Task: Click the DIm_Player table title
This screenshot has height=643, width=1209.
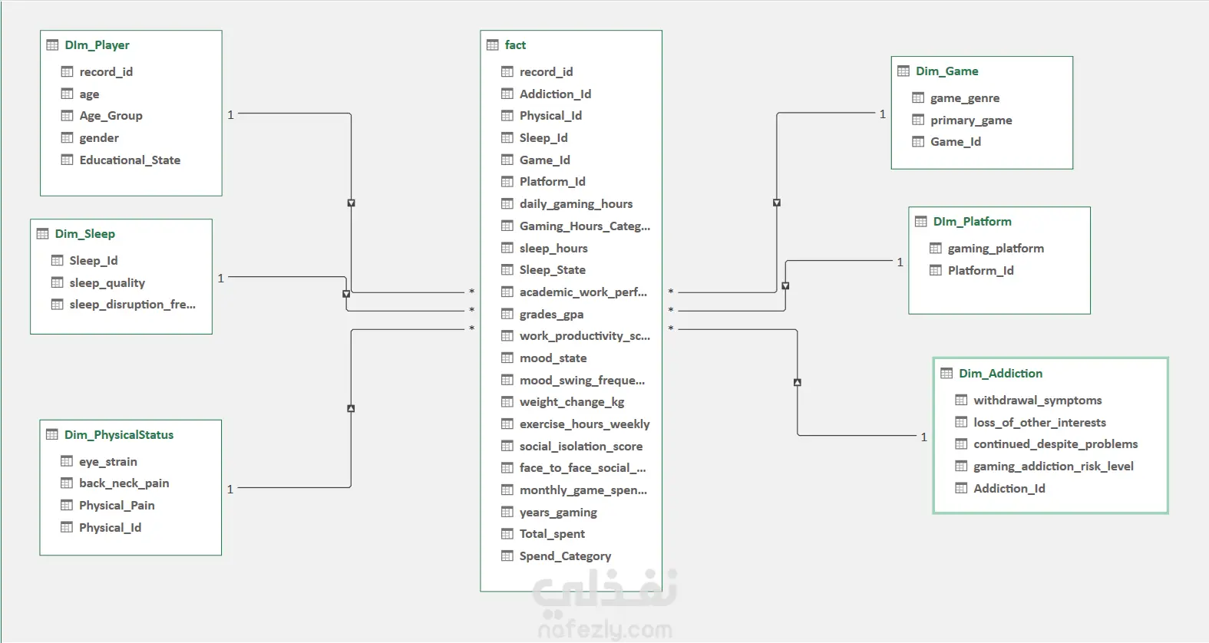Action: [97, 45]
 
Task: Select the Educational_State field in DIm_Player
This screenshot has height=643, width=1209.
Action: [130, 160]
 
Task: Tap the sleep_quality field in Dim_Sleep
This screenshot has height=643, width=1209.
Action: [107, 282]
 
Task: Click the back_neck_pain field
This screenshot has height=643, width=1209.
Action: [124, 483]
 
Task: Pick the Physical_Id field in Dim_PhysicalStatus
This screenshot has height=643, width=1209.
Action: [110, 528]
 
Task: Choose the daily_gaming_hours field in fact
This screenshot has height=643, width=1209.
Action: [576, 204]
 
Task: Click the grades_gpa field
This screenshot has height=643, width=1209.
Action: [551, 315]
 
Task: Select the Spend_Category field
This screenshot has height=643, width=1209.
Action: [565, 556]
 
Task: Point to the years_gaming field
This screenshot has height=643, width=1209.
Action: [558, 513]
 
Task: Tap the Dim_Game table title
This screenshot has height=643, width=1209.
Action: [946, 71]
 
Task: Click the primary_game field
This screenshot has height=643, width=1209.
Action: [971, 120]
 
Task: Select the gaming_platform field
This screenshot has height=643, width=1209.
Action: [996, 249]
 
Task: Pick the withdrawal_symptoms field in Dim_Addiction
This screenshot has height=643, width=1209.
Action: [1037, 401]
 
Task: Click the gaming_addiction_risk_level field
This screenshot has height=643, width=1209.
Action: [1053, 466]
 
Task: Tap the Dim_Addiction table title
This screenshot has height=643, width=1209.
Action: [1000, 373]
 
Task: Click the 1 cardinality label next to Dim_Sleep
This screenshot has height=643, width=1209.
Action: [221, 279]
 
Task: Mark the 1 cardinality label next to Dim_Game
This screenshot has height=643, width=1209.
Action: [883, 114]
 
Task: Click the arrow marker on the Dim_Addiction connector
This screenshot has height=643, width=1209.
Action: [798, 382]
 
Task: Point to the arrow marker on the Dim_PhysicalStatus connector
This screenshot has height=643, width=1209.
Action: [351, 408]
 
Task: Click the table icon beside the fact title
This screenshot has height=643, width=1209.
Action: [492, 45]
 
